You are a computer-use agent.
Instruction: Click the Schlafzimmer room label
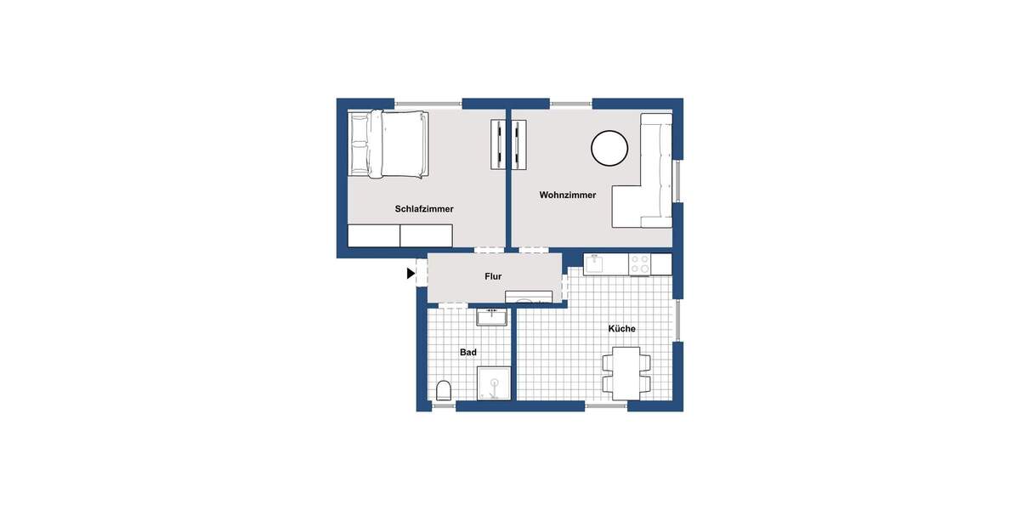424,209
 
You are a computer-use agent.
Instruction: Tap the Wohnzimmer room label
567,195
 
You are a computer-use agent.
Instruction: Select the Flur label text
493,277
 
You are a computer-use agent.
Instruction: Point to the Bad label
467,352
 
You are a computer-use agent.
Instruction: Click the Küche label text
621,329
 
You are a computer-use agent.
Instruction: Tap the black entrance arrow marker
411,274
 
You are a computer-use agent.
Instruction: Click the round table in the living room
609,148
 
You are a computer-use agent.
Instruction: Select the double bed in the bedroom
387,144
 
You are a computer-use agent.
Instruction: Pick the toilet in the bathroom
443,391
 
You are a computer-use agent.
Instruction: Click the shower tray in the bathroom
495,384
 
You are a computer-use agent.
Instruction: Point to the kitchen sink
594,264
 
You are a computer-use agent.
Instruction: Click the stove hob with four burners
639,264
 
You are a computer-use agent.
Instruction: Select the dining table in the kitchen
626,372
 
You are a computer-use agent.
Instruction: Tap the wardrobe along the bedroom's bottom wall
399,235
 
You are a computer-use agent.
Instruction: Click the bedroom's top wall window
428,104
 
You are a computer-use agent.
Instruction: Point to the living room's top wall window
570,104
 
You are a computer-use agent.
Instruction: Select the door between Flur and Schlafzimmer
490,250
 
